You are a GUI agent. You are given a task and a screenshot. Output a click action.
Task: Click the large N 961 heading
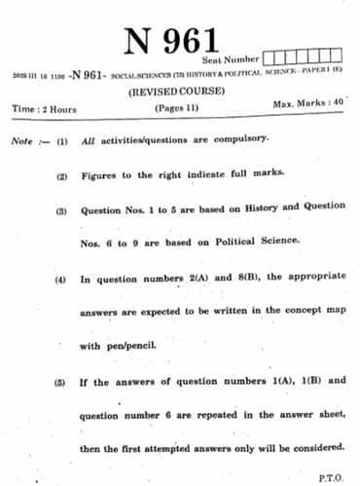pyautogui.click(x=172, y=41)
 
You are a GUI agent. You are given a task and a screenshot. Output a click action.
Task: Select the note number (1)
pyautogui.click(x=61, y=141)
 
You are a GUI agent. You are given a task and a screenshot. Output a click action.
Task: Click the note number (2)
pyautogui.click(x=61, y=175)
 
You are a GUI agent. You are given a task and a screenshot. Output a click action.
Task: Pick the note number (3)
pyautogui.click(x=61, y=211)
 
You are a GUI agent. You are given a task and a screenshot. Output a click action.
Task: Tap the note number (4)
pyautogui.click(x=60, y=280)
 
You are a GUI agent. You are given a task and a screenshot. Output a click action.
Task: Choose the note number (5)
pyautogui.click(x=60, y=382)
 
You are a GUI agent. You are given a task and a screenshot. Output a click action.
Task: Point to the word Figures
pyautogui.click(x=101, y=174)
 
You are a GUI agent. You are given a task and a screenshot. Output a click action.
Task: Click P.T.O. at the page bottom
pyautogui.click(x=331, y=477)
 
